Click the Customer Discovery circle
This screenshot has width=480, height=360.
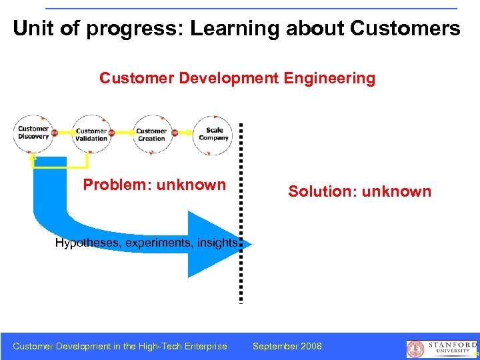click(x=33, y=133)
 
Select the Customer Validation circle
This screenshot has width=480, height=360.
click(x=91, y=135)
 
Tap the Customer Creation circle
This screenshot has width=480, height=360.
click(x=151, y=135)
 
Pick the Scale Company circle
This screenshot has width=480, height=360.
click(x=213, y=134)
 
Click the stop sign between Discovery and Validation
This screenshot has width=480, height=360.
click(x=55, y=133)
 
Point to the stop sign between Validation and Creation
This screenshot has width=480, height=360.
click(x=111, y=133)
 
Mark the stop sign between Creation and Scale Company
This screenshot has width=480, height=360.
click(x=175, y=133)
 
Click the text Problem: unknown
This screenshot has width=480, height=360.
click(x=154, y=185)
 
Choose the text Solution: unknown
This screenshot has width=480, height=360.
click(x=359, y=192)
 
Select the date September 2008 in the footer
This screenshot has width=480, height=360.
click(x=287, y=346)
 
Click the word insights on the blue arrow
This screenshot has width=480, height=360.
click(x=217, y=243)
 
